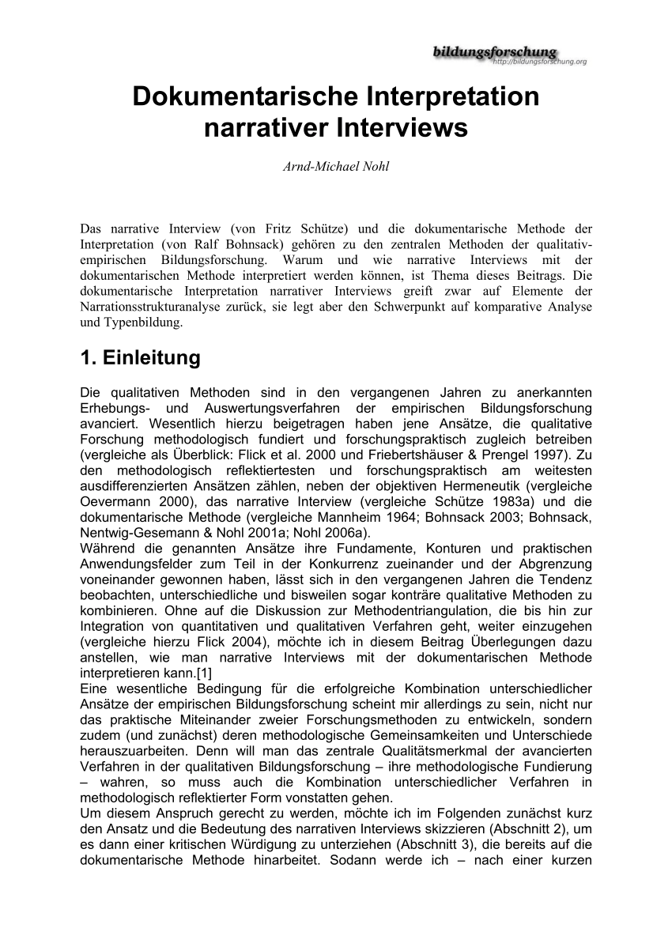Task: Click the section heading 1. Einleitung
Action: (141, 358)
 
